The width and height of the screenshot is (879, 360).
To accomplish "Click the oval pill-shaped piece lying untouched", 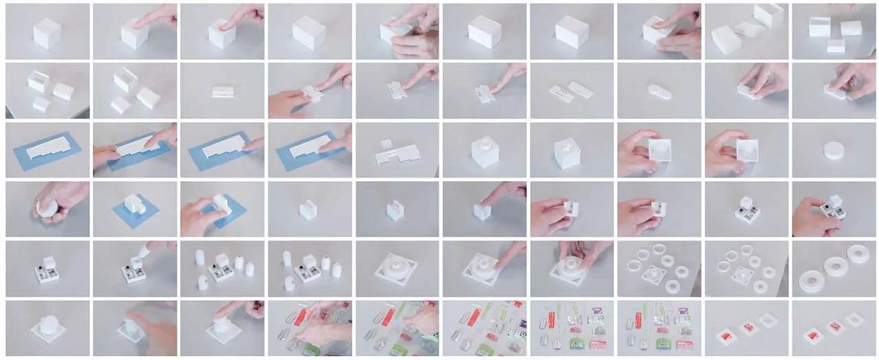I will pyautogui.click(x=659, y=91).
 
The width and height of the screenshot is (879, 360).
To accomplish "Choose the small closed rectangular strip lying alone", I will pyautogui.click(x=222, y=91).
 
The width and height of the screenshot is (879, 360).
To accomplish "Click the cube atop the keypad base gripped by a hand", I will pyautogui.click(x=835, y=201).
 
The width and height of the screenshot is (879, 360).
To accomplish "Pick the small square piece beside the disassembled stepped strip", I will pyautogui.click(x=387, y=143).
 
